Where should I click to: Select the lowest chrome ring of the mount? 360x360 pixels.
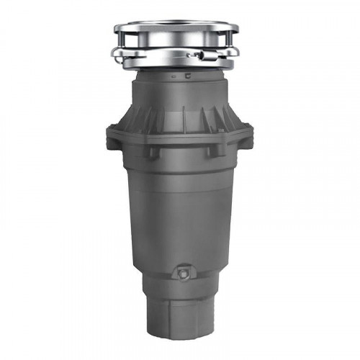tap(180, 65)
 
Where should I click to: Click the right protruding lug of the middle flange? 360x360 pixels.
tap(249, 132)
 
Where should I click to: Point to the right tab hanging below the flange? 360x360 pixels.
tap(214, 151)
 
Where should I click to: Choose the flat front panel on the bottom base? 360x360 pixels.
tap(179, 317)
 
